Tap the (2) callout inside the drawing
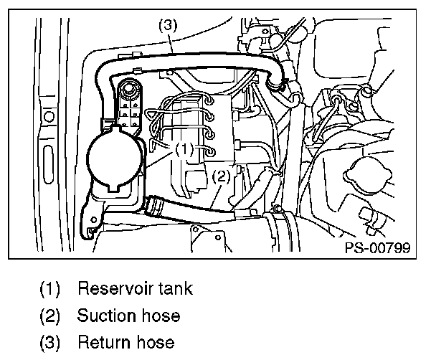222,175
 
